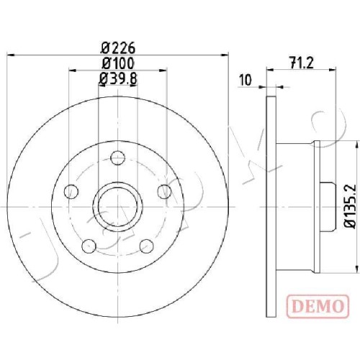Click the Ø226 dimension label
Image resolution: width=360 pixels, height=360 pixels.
click(118, 48)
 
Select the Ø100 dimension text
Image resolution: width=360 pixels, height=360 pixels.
click(118, 63)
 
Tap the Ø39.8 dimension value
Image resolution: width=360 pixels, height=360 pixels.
click(118, 78)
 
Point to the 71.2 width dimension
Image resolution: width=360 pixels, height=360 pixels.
click(302, 63)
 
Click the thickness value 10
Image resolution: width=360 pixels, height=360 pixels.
click(246, 80)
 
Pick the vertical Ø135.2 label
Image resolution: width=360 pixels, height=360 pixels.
click(349, 207)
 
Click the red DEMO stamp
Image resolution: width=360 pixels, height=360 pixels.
click(318, 306)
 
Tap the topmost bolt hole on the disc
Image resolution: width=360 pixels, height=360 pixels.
click(118, 158)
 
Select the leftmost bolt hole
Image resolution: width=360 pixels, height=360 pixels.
click(71, 192)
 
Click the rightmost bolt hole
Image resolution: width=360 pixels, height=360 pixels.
click(165, 192)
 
